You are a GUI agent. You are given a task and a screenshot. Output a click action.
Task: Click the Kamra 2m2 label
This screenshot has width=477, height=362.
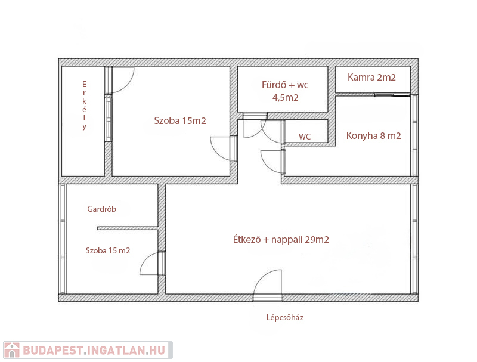pos(371,78)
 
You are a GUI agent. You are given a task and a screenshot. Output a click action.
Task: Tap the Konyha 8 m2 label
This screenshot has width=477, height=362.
pos(374,135)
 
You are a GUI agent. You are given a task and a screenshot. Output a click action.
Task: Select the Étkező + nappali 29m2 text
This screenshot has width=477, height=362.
pos(281,239)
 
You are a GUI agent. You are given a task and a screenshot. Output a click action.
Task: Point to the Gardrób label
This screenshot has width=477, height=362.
pos(101,209)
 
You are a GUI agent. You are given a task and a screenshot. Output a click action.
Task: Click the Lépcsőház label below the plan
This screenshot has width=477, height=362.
pos(285,318)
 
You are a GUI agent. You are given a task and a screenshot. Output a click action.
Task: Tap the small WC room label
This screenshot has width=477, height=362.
pos(305,137)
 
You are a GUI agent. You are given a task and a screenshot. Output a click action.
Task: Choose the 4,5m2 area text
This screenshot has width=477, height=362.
pos(286,98)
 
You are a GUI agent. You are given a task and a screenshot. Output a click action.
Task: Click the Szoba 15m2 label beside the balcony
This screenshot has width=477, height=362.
pos(180,121)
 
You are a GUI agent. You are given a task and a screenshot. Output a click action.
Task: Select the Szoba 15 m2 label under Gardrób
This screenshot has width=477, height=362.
pos(108,250)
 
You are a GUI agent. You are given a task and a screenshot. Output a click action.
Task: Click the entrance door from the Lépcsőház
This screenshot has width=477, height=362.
pos(268,285)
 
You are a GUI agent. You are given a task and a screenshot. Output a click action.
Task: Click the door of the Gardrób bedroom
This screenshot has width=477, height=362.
pos(152,264)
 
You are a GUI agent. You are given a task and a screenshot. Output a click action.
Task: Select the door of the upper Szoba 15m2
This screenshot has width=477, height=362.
pos(224,148)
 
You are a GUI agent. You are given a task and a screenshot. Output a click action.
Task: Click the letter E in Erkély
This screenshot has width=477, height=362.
pos(84,84)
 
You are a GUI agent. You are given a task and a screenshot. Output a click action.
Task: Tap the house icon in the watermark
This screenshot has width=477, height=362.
pos(12,350)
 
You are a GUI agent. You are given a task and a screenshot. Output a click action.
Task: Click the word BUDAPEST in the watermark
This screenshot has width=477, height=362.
pos(52,351)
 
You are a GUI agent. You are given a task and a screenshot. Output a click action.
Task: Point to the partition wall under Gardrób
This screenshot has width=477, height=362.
pos(128,228)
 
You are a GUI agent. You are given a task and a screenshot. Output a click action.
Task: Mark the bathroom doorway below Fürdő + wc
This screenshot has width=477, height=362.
pos(255,116)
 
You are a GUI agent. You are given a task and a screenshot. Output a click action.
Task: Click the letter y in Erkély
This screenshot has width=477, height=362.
pos(84,127)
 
